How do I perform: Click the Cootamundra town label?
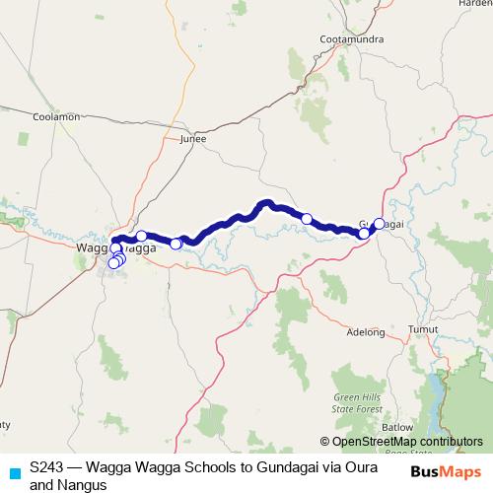[x=344, y=39]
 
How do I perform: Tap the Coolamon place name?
[x=56, y=116]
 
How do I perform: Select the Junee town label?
[x=195, y=140]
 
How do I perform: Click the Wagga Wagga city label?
[x=116, y=248]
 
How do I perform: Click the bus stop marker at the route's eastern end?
[x=379, y=224]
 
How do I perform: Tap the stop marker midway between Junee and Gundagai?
[x=307, y=219]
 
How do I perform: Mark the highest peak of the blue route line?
[x=266, y=203]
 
